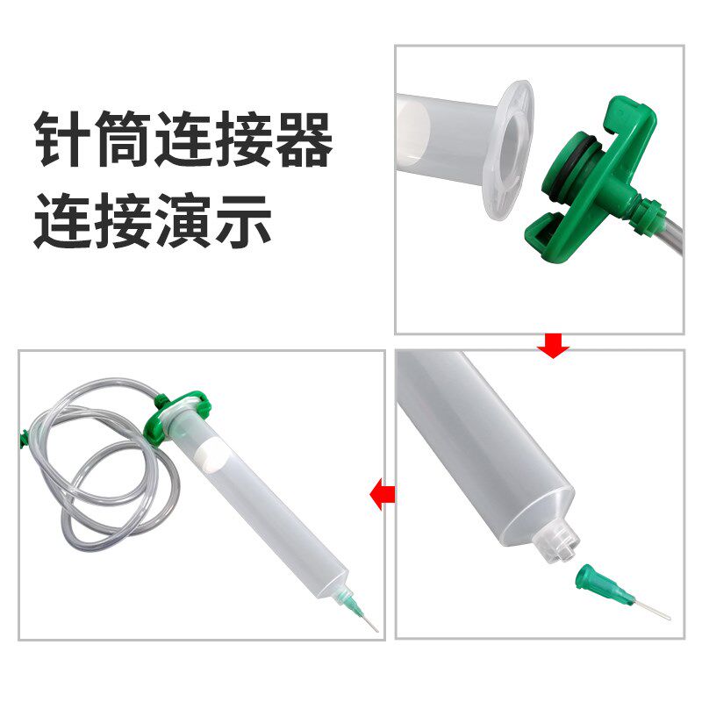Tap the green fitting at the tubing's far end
[x=22, y=435]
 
